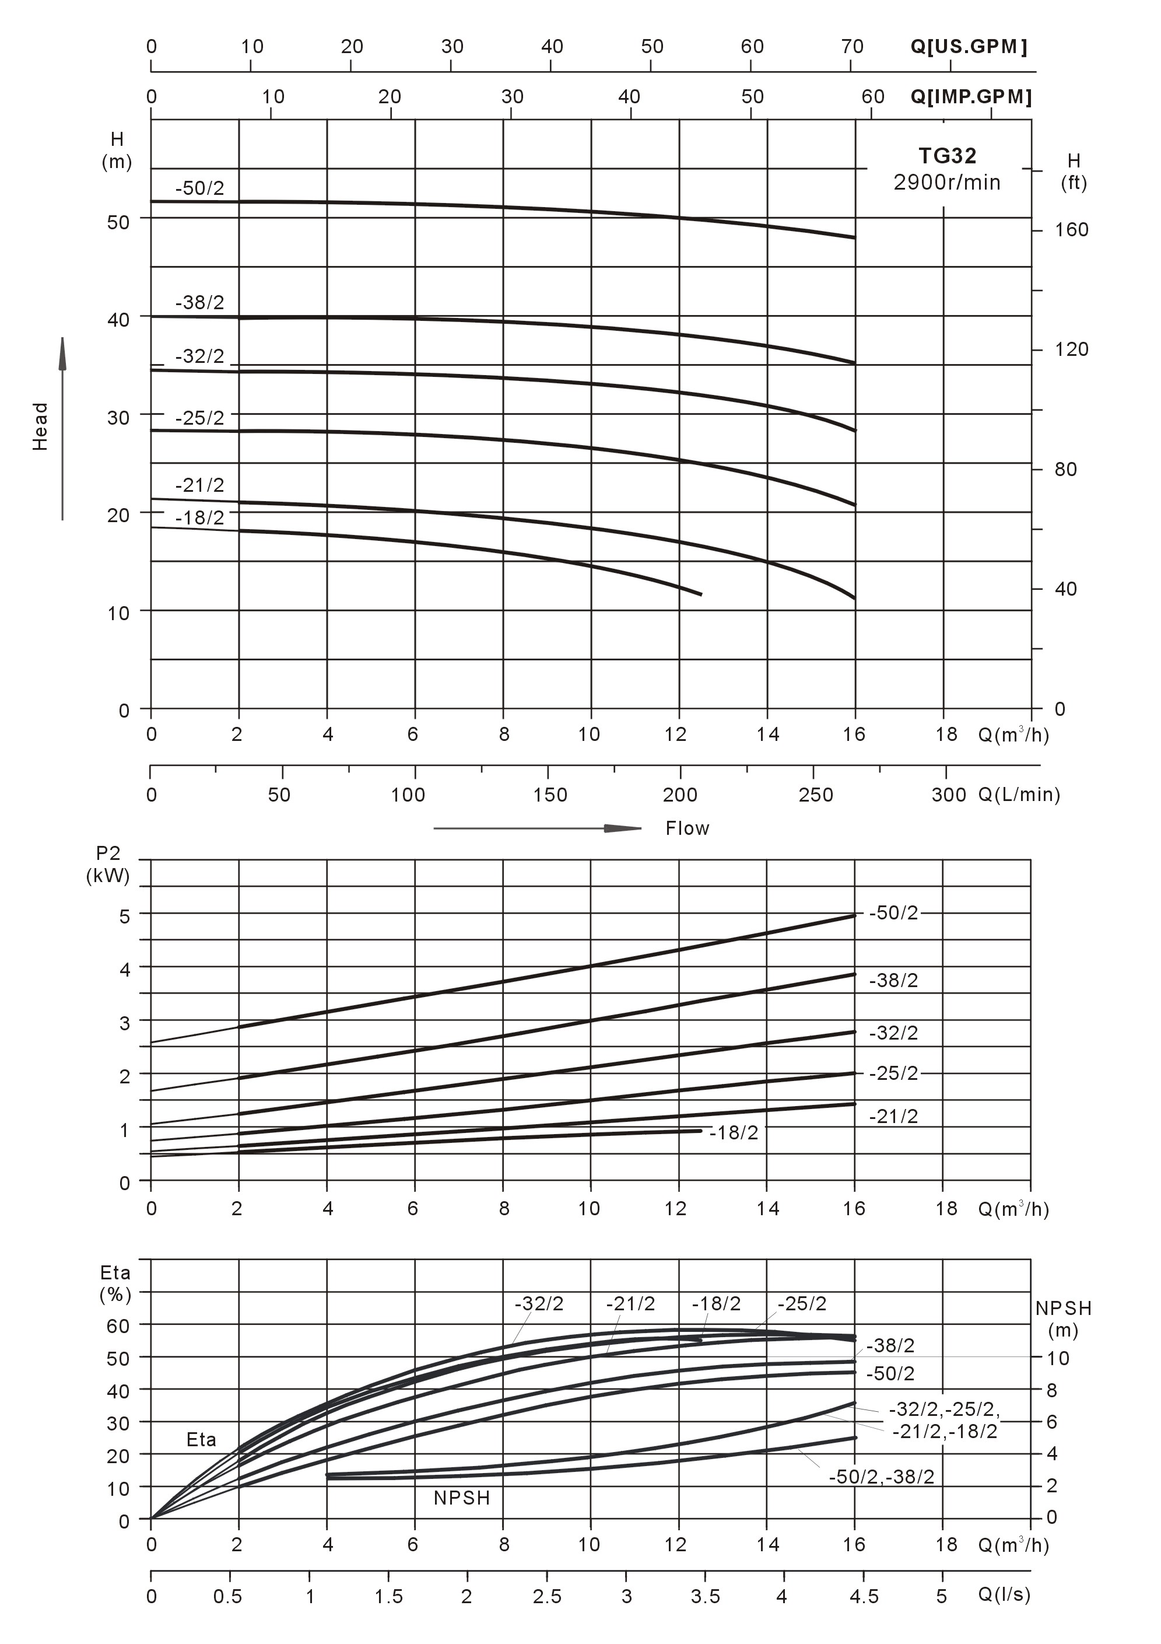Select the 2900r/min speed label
pos(946,183)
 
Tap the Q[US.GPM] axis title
pos(969,47)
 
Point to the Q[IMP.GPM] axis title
pos(970,97)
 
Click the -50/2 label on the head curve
pos(199,188)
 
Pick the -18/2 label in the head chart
pos(199,517)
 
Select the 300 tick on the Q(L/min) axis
pos(948,795)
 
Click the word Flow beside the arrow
pos(687,828)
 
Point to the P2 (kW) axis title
pos(108,864)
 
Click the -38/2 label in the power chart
pos(893,980)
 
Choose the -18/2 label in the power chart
pos(734,1133)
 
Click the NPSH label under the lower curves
pos(462,1498)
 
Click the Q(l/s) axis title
pos(1004,1594)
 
